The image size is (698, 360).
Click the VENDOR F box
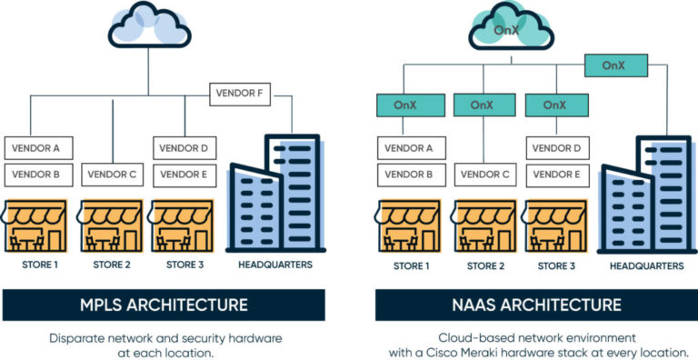tap(241, 93)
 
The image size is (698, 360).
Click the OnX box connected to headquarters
tap(616, 65)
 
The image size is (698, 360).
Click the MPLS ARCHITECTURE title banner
tap(163, 305)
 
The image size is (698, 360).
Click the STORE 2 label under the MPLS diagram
tap(113, 265)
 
